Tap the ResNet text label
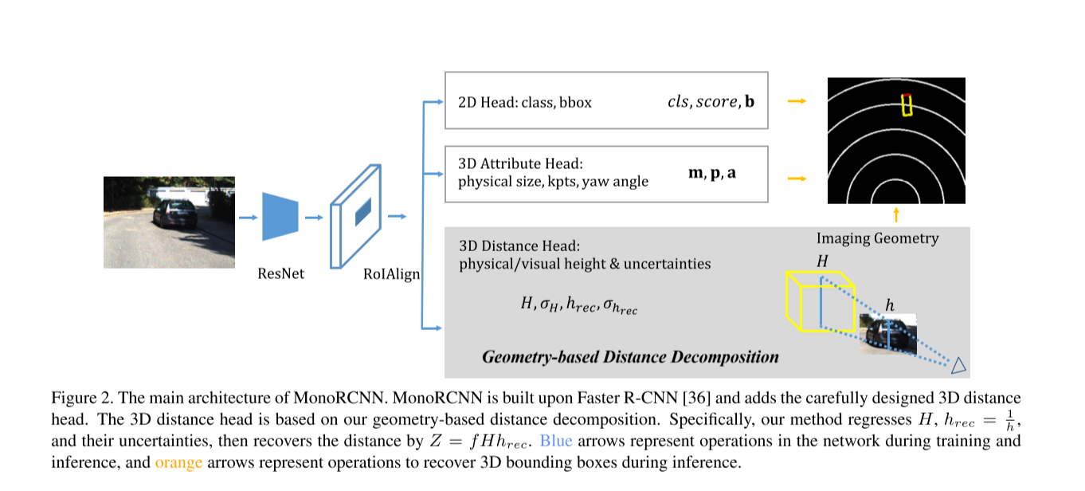click(x=281, y=273)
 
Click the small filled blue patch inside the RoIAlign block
click(x=362, y=210)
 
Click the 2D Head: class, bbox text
click(x=525, y=102)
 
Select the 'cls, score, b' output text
click(x=710, y=101)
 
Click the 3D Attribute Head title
click(x=521, y=163)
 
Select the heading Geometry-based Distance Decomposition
click(x=630, y=356)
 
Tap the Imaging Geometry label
click(x=877, y=238)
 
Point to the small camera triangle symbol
click(x=958, y=365)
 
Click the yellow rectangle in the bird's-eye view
click(x=906, y=105)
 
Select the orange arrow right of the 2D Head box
click(x=796, y=101)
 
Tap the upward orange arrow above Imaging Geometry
click(x=896, y=214)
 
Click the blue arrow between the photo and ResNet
click(x=247, y=216)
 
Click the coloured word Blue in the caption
click(x=556, y=441)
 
